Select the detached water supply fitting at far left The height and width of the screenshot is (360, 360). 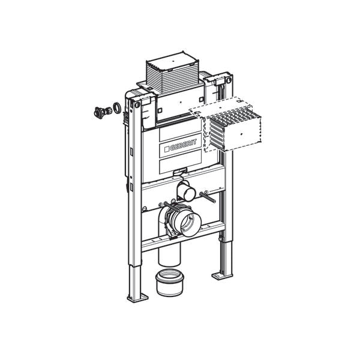tap(100, 112)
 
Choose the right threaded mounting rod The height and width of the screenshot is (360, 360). tap(208, 193)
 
